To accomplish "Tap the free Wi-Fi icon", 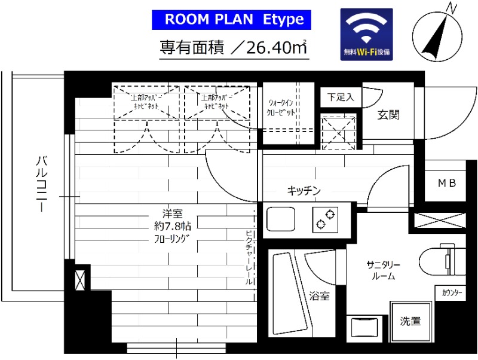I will click(366, 34).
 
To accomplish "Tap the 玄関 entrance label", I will click(388, 115).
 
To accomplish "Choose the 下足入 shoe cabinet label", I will click(341, 96).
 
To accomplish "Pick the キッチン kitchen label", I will click(304, 191).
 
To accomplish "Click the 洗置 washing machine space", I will click(410, 321).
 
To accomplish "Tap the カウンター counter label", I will click(452, 293).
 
